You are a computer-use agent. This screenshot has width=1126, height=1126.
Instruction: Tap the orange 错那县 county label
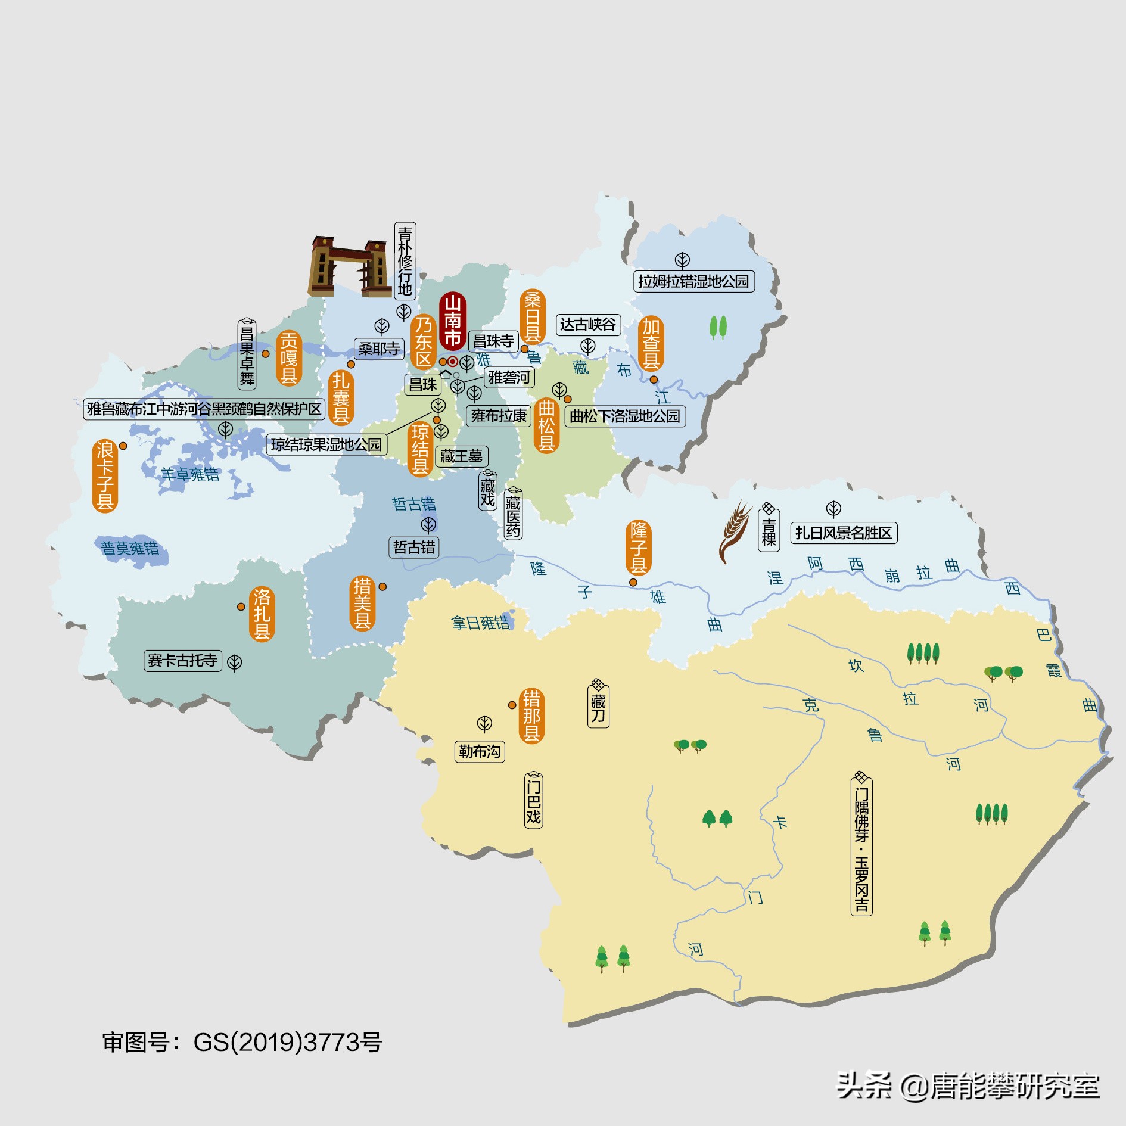tap(531, 716)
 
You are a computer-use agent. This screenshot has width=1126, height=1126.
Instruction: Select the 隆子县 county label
tap(638, 547)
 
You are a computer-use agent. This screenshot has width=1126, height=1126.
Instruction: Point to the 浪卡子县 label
tap(105, 476)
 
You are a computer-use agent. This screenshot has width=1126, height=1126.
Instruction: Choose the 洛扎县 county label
tap(262, 614)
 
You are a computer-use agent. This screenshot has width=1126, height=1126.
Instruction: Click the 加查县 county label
tap(651, 344)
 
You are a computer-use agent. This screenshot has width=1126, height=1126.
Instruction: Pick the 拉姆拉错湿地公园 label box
tap(693, 281)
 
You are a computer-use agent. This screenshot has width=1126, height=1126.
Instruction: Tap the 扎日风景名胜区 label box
tap(843, 533)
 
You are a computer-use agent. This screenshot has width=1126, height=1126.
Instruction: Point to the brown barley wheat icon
tap(735, 530)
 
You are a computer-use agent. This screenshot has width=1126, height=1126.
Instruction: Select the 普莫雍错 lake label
tap(130, 548)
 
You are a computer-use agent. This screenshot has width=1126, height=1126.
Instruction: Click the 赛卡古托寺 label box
tap(182, 660)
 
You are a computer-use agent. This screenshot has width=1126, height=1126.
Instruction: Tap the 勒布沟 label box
tap(480, 751)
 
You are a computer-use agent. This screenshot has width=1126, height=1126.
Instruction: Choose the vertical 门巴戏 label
tap(533, 800)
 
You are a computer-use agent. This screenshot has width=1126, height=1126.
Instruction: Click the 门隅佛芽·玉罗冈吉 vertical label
tap(861, 845)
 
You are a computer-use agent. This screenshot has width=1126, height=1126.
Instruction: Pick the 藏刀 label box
tap(598, 707)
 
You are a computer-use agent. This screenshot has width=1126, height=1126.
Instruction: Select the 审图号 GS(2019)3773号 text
tap(242, 1043)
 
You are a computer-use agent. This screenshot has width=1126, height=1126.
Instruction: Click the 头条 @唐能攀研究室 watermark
tap(968, 1085)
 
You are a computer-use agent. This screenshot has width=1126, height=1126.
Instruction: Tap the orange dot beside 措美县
tap(382, 587)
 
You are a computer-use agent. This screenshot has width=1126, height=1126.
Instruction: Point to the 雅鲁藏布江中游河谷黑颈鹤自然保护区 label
tap(204, 409)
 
